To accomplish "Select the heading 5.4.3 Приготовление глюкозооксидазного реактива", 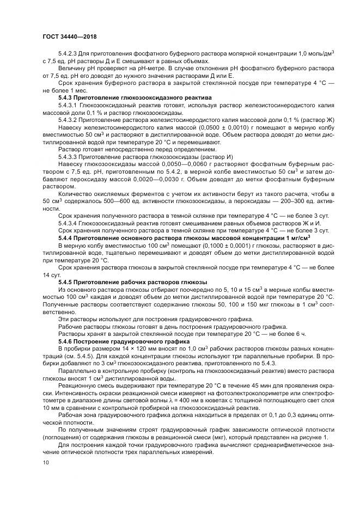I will pyautogui.click(x=135, y=97).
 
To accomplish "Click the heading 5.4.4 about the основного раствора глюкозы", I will pyautogui.click(x=184, y=238).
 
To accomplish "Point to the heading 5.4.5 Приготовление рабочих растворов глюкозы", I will pyautogui.click(x=132, y=281).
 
